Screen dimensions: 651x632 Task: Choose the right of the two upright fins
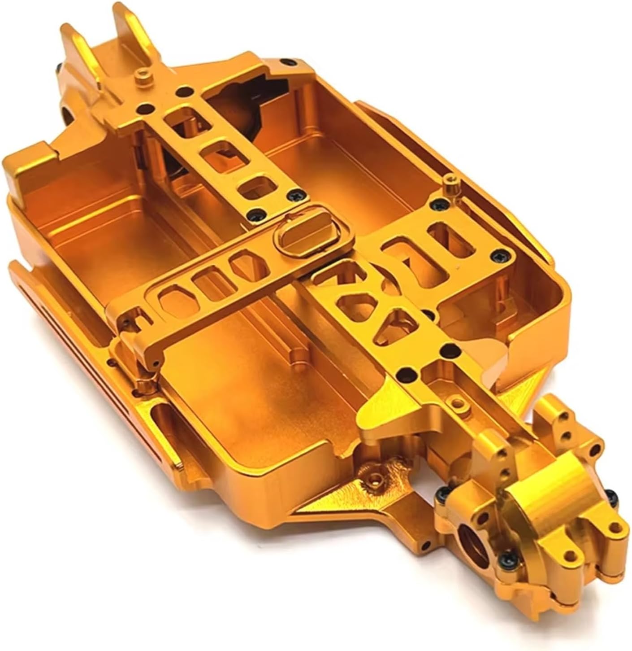coord(130,27)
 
